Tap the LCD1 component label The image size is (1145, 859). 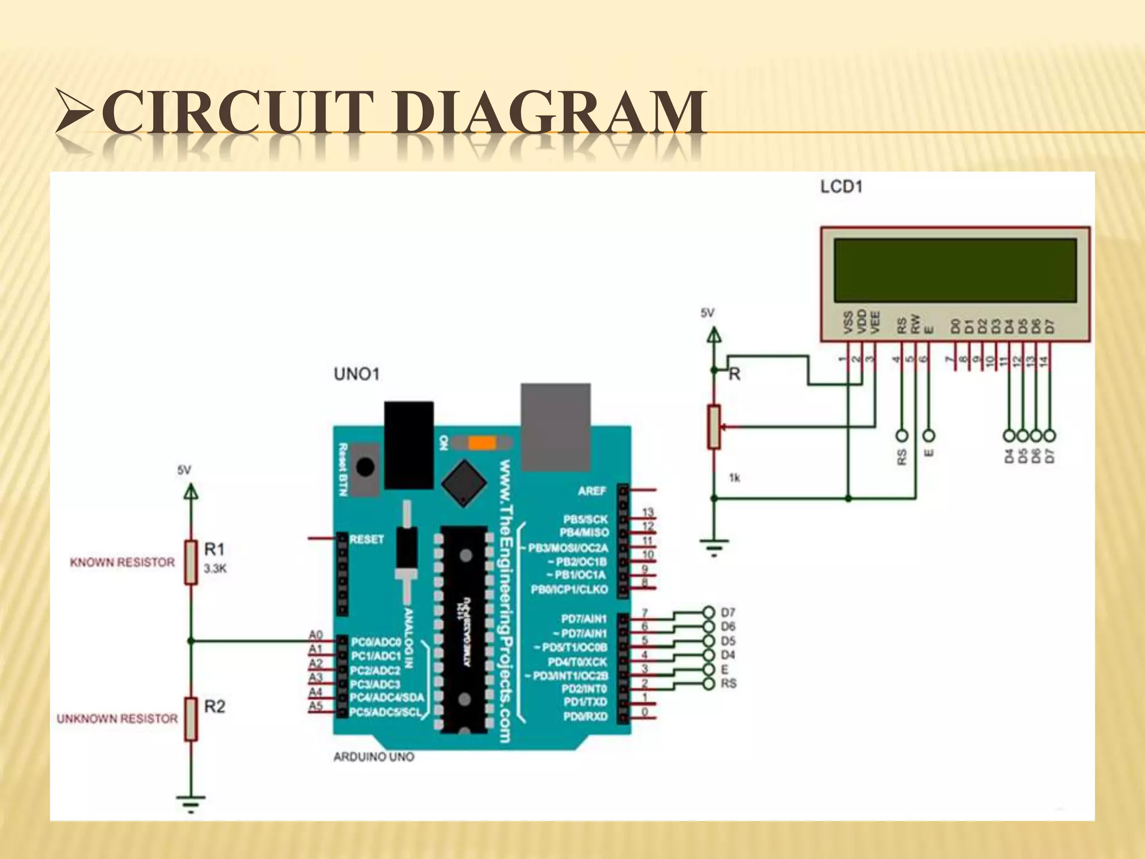[841, 187]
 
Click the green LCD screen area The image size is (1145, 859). [955, 271]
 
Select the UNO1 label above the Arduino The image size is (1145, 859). [357, 374]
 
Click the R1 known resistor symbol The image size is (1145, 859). [191, 563]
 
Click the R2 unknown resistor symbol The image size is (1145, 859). [191, 719]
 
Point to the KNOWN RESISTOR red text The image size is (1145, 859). [122, 563]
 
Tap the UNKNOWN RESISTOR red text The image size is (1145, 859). [117, 719]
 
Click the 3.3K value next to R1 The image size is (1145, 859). [215, 569]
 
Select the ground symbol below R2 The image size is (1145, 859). [191, 804]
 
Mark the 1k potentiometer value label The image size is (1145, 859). [734, 478]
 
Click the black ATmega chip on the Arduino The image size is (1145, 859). [464, 629]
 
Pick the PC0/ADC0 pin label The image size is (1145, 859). [376, 642]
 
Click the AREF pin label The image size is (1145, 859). [592, 491]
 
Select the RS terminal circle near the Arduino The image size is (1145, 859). [709, 683]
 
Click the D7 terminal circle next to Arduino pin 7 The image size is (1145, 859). [709, 612]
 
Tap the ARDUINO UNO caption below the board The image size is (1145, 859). [373, 757]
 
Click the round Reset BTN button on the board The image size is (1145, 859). [366, 466]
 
